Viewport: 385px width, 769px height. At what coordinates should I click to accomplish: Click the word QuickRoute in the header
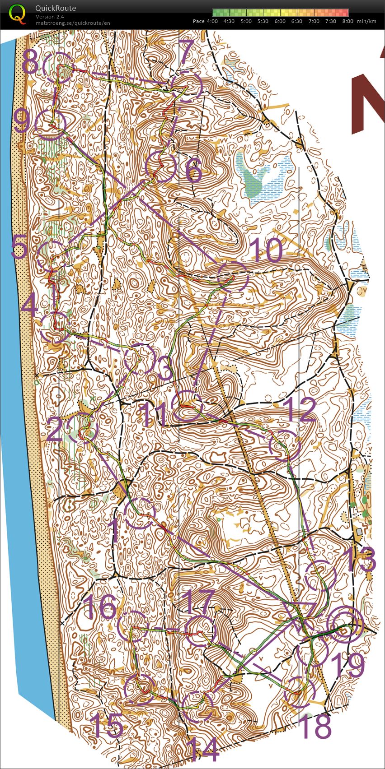pos(55,8)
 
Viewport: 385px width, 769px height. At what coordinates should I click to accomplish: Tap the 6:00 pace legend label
pos(280,21)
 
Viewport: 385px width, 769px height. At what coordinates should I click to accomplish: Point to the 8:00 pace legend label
pos(347,21)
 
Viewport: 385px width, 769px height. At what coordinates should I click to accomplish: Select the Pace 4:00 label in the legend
pos(205,21)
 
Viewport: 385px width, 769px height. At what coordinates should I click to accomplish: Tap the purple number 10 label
pos(267,250)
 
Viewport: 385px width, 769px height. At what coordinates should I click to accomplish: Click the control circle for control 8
pos(57,66)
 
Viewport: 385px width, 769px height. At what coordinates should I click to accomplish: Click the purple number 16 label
pos(100,607)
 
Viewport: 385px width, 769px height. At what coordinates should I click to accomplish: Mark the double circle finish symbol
pos(345,624)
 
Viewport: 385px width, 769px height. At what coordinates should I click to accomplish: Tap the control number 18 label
pos(316,726)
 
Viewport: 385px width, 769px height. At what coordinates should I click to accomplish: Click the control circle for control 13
pos(321,575)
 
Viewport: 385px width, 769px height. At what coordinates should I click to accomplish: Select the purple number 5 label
pos(19,247)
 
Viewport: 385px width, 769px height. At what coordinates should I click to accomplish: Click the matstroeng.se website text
pos(72,23)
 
